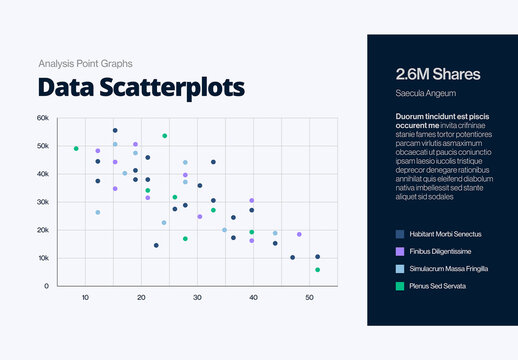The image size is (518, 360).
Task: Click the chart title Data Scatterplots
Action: click(141, 87)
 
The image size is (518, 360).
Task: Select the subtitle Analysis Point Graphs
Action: click(84, 63)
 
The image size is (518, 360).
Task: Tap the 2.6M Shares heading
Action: click(438, 74)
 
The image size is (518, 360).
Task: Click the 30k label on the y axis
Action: click(43, 202)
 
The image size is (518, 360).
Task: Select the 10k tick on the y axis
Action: click(43, 258)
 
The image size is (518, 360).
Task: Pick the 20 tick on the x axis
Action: click(141, 298)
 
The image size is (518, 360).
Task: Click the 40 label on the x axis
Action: click(253, 298)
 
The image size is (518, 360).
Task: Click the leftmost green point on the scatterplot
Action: click(76, 149)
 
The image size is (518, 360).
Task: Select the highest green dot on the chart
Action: click(165, 135)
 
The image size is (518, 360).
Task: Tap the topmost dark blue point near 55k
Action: click(115, 131)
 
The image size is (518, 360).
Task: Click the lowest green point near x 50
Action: click(318, 270)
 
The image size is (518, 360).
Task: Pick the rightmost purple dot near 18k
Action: click(299, 234)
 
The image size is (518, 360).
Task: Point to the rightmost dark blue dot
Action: click(318, 257)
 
